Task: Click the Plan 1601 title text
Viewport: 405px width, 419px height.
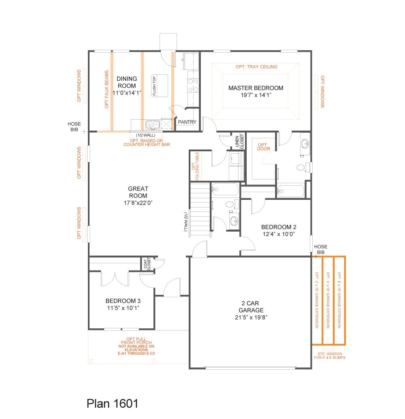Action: tap(113, 403)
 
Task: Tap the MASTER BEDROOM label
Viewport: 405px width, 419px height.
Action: tap(256, 88)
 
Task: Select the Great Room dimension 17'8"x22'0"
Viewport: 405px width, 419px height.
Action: tap(138, 202)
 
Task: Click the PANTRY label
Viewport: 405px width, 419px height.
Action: tap(187, 122)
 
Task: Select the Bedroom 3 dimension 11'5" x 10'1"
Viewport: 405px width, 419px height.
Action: tap(123, 308)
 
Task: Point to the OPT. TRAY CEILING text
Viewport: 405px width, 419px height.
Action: tap(256, 67)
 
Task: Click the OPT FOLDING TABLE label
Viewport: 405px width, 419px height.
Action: tap(195, 166)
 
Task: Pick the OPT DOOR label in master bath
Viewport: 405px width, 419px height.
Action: tap(263, 147)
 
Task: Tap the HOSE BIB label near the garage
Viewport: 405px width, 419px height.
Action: tap(321, 249)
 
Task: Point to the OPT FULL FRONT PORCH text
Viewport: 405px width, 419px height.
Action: tap(136, 346)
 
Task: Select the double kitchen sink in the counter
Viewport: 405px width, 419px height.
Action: tap(152, 124)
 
